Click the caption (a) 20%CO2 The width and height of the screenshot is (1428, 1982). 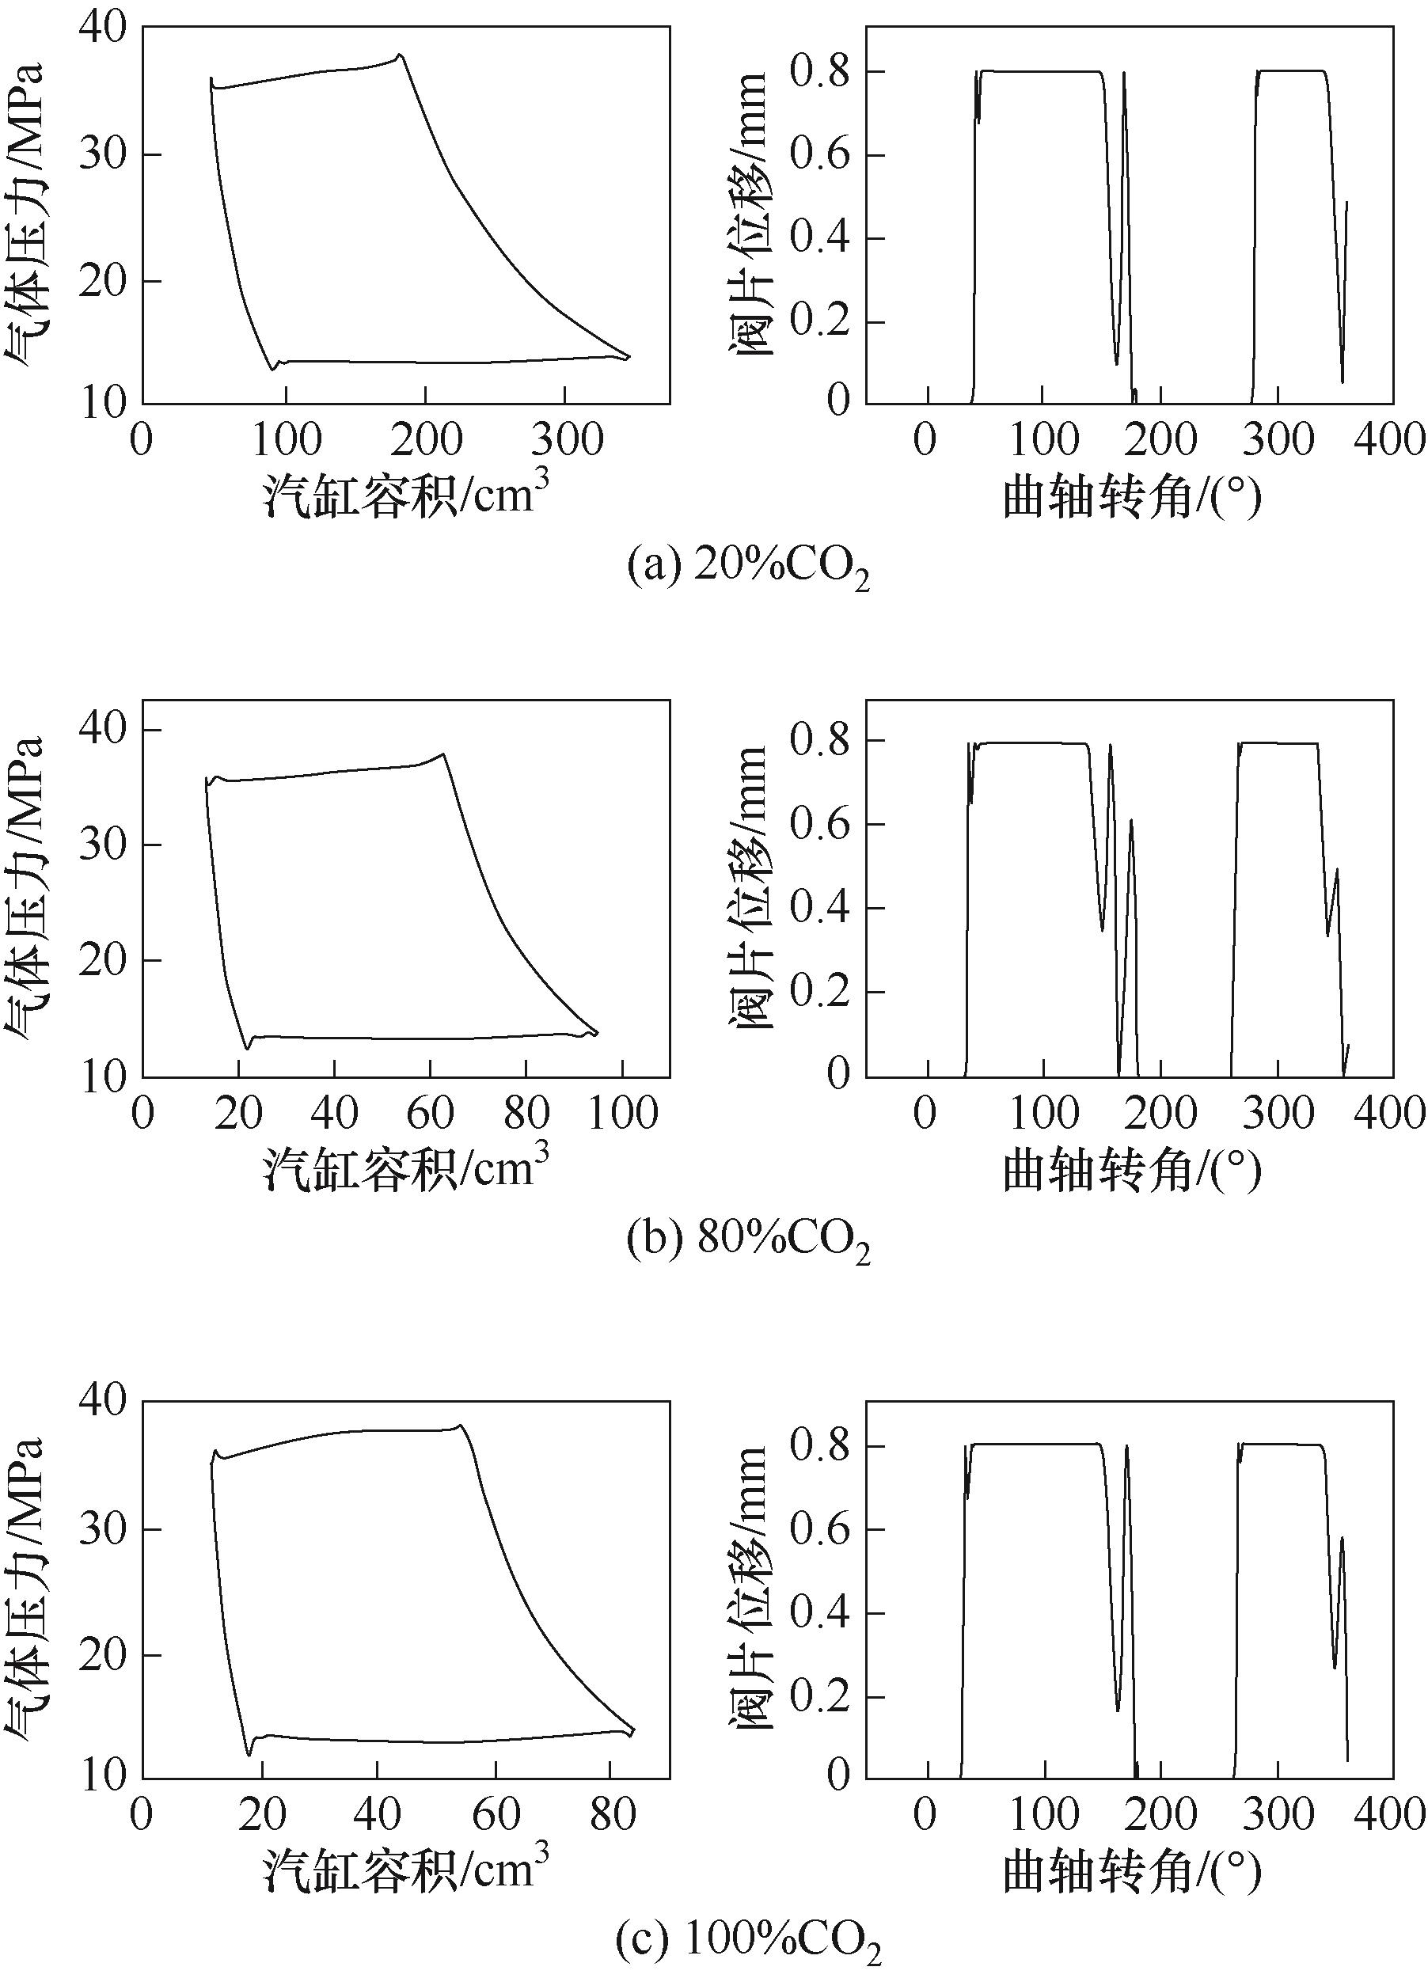click(x=749, y=570)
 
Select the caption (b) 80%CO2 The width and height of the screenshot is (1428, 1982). click(x=749, y=1242)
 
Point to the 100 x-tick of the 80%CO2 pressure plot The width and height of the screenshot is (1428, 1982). click(x=622, y=1114)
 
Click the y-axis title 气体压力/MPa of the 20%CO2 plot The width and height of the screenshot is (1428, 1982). click(x=26, y=214)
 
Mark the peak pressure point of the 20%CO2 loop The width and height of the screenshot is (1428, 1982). click(x=400, y=55)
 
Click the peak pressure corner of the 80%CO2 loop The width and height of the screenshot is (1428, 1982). click(x=443, y=754)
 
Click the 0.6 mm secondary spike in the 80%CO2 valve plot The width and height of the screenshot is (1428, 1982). click(x=1130, y=821)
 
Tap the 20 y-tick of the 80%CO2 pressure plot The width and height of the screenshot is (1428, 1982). click(x=104, y=960)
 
